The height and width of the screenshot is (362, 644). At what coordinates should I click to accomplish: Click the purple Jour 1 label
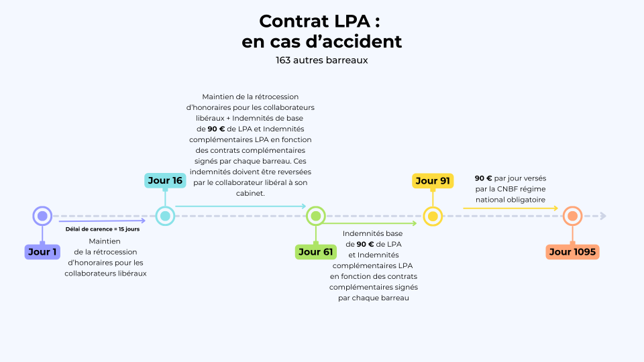(42, 252)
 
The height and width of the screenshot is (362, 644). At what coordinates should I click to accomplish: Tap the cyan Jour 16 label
(165, 180)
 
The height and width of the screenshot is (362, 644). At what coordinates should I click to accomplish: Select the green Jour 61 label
(315, 252)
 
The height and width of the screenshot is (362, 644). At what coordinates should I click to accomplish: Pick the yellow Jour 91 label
(433, 180)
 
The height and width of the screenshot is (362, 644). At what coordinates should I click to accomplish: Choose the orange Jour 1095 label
(572, 252)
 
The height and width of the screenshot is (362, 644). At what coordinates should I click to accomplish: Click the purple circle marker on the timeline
(42, 216)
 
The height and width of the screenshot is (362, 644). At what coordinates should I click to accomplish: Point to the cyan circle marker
(165, 216)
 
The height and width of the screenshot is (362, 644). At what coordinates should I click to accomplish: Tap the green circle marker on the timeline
(315, 216)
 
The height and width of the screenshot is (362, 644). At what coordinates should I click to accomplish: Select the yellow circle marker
(433, 216)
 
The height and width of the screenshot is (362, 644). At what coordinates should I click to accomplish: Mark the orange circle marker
(572, 216)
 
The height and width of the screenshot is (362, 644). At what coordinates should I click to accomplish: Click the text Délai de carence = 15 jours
(103, 229)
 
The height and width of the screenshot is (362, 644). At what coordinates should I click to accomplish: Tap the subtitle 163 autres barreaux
(322, 60)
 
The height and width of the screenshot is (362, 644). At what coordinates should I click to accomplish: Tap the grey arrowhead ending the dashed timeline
(603, 216)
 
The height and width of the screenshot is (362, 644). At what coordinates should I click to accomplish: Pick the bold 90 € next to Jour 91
(484, 178)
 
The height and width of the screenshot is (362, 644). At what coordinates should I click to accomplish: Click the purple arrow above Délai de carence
(102, 220)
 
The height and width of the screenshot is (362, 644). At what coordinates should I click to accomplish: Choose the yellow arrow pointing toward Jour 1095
(510, 208)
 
